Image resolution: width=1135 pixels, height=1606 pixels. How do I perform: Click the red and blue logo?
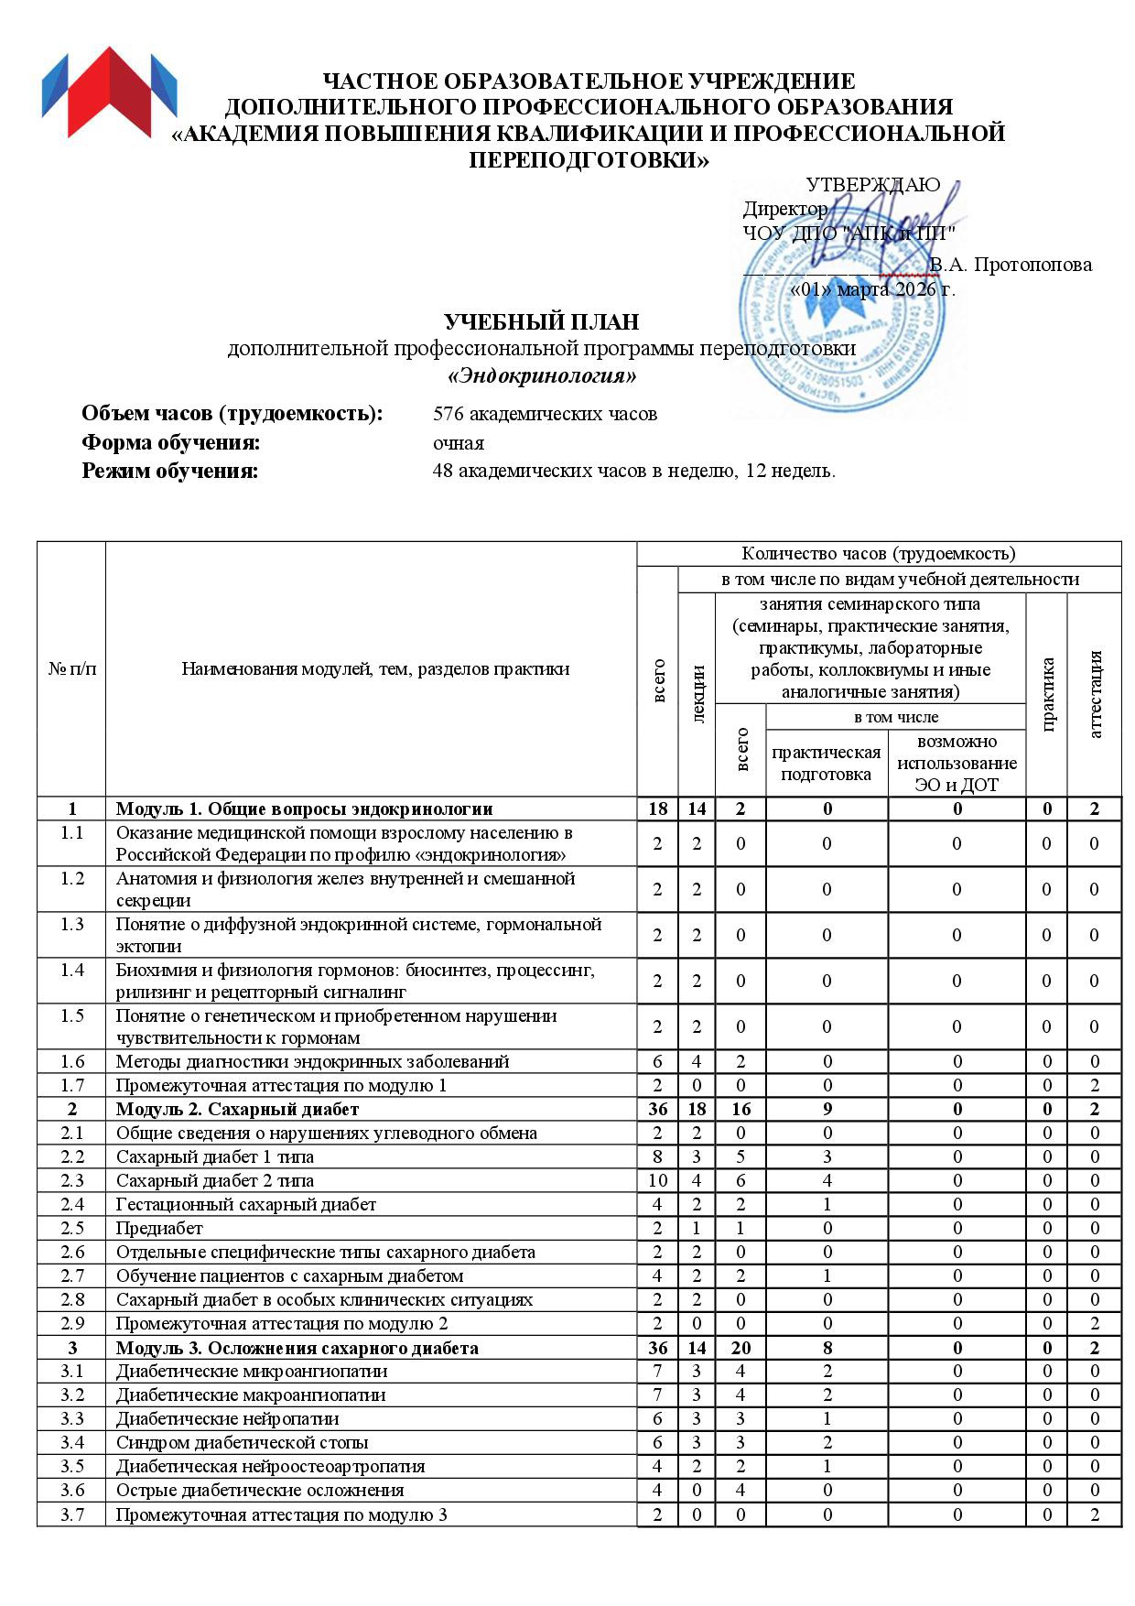pos(109,92)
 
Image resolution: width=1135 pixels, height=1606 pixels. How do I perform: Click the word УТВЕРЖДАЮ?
pos(872,185)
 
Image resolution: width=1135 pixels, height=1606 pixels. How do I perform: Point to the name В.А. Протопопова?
pos(1011,265)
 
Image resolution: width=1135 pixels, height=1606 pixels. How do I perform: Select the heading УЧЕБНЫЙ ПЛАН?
pos(541,322)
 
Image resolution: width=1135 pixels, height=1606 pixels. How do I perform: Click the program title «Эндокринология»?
pos(541,376)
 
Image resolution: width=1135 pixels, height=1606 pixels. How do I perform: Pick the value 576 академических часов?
pos(545,414)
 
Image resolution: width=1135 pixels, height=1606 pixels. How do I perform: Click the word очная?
pos(458,443)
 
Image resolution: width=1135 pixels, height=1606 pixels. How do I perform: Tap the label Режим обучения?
pos(170,472)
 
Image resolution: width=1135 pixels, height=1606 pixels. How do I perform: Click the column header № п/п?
pos(71,668)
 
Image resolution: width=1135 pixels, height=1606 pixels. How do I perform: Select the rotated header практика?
pos(1047,694)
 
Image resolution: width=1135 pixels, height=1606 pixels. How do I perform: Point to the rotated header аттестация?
pos(1095,694)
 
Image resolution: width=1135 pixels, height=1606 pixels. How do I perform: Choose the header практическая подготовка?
pos(827,763)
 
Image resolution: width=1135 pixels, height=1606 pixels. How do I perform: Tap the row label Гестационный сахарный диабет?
pos(246,1204)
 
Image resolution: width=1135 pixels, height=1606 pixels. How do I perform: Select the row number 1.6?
pos(71,1061)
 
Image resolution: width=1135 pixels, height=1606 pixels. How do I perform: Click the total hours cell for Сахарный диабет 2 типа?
pos(657,1180)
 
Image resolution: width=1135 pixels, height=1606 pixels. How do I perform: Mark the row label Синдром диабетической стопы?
pos(243,1442)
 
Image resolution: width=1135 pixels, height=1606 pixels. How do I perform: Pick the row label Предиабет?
pos(159,1228)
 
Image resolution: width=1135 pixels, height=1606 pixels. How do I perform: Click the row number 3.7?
pos(71,1514)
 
